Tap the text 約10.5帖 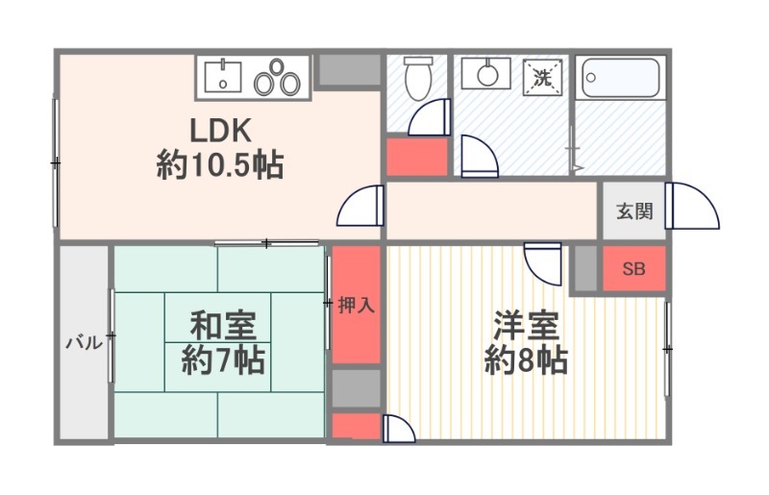[x=219, y=165]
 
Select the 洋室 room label [x=526, y=326]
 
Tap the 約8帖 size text [x=526, y=361]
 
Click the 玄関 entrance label [x=634, y=211]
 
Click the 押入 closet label [x=356, y=306]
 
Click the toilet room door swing [x=430, y=118]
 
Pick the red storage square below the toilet [x=416, y=157]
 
